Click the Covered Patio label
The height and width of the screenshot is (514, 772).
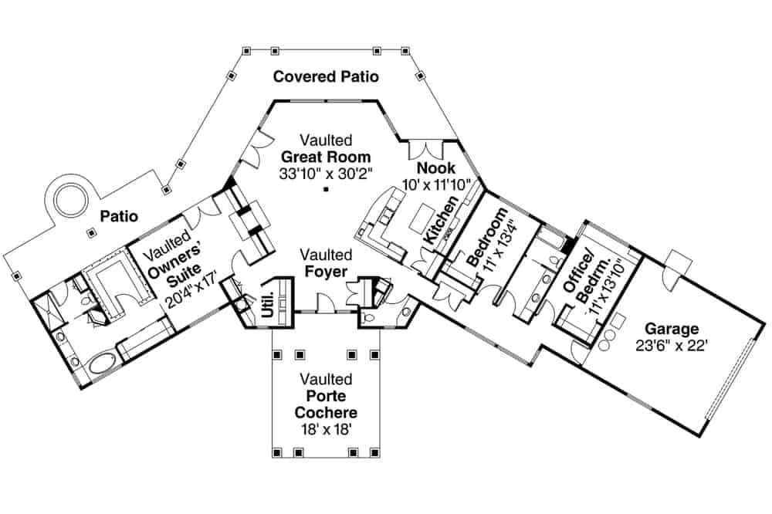click(326, 76)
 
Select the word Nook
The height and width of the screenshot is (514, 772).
click(435, 168)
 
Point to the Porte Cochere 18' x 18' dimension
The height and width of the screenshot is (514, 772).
click(326, 429)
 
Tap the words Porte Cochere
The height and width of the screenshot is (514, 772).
click(326, 404)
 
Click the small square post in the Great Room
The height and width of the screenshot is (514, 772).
click(327, 188)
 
